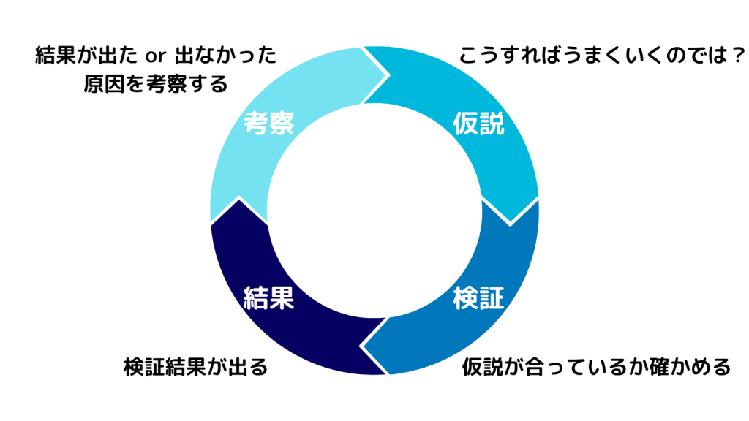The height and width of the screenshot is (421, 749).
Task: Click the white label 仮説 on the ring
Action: tap(479, 124)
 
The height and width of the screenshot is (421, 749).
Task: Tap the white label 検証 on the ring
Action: tap(479, 298)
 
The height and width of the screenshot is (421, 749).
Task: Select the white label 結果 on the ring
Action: tap(268, 298)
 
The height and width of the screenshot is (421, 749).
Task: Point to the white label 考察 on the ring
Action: tap(269, 124)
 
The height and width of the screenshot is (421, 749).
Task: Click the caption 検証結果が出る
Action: tap(196, 366)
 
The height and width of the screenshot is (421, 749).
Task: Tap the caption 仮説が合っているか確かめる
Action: tap(597, 366)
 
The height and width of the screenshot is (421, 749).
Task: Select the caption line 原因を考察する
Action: tap(155, 84)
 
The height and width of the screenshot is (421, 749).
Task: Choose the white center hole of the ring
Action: tap(374, 211)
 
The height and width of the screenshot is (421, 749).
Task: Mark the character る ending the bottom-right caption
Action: tap(720, 366)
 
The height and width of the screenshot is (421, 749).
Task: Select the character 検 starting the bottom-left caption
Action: tap(135, 366)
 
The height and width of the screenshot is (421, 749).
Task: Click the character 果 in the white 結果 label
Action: tap(282, 298)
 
